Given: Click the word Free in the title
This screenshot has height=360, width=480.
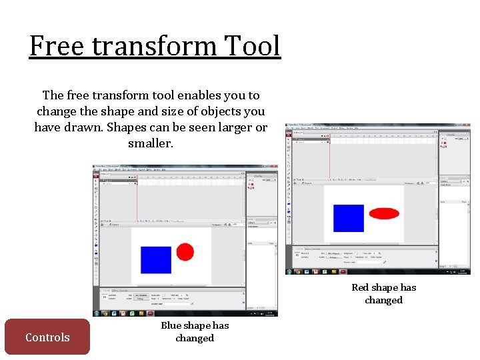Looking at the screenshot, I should (x=57, y=47).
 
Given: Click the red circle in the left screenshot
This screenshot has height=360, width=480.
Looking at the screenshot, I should (x=185, y=252).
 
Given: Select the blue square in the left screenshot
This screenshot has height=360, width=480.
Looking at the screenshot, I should (x=156, y=259).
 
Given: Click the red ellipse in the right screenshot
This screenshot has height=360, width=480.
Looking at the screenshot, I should (x=384, y=213).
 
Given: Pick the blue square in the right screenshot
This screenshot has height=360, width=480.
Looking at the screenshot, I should (x=349, y=218).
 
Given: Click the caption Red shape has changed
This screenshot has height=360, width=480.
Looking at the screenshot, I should (x=383, y=293).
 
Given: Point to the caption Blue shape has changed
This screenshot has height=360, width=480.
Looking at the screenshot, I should (x=194, y=331).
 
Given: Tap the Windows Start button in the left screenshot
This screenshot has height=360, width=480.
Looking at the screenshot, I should (x=97, y=313).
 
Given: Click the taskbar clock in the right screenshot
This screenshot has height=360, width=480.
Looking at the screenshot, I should (x=463, y=271).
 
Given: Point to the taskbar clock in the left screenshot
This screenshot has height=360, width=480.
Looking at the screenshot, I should (x=271, y=313).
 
